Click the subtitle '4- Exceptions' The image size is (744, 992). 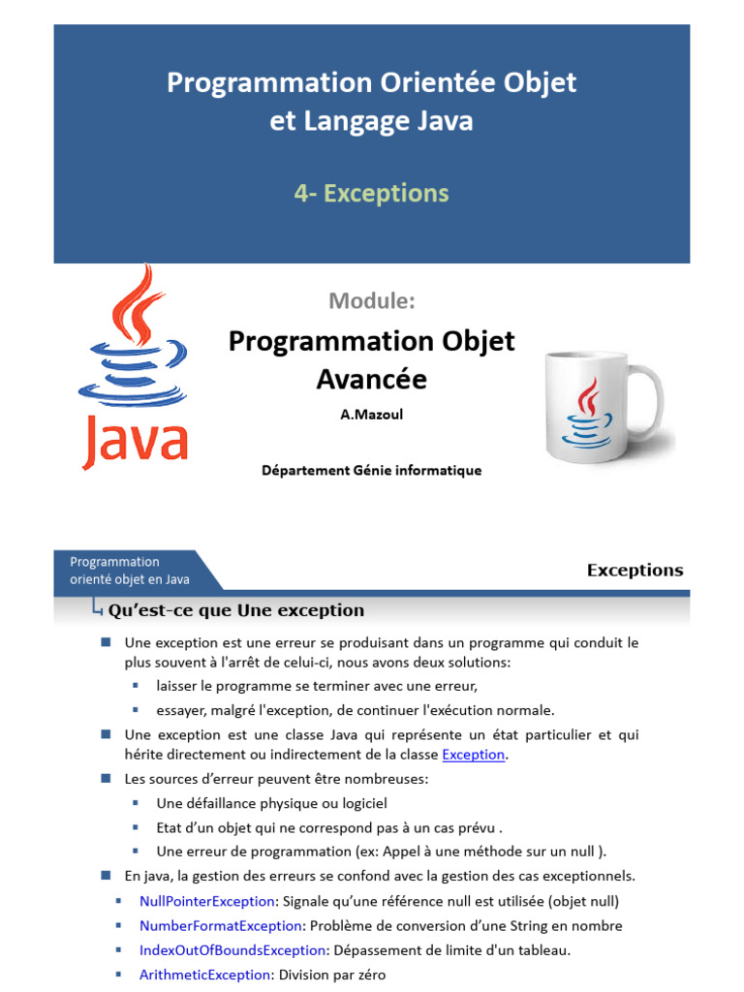[x=371, y=194]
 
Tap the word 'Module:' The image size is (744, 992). [x=371, y=300]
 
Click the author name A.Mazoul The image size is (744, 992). [x=371, y=415]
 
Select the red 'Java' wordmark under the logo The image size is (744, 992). [x=135, y=440]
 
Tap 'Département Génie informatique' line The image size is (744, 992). [x=371, y=471]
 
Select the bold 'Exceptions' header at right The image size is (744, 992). [x=635, y=571]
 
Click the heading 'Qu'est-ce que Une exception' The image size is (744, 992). [x=236, y=610]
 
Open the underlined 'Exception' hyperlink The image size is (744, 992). [x=474, y=755]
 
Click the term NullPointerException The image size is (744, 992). [x=207, y=901]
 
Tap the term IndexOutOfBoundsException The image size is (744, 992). [x=232, y=950]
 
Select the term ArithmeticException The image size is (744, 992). [x=204, y=975]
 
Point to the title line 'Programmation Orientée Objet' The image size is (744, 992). [x=371, y=83]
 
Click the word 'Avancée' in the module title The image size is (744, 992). [x=371, y=380]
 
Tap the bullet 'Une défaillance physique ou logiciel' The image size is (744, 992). [x=271, y=803]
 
